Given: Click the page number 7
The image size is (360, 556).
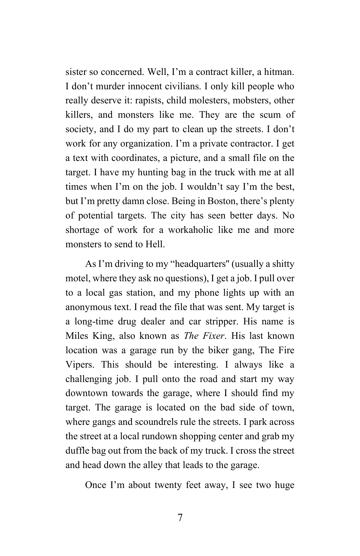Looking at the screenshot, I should [180, 518].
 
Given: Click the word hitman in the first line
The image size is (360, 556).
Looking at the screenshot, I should [279, 72].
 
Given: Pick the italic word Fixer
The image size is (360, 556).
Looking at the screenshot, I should [213, 336].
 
